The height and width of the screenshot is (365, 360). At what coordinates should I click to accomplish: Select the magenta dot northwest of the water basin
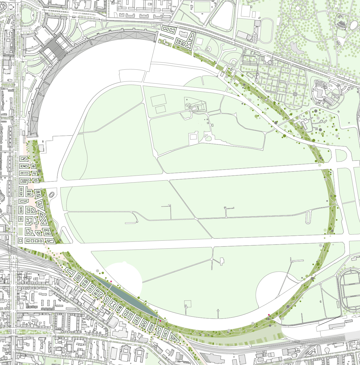pyautogui.click(x=111, y=281)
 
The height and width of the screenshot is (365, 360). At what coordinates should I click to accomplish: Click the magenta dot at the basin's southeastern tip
pyautogui.click(x=160, y=321)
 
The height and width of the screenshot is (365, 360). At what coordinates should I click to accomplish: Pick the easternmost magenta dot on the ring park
pyautogui.click(x=269, y=315)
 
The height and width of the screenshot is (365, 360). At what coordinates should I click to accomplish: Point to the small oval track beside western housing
pyautogui.click(x=52, y=195)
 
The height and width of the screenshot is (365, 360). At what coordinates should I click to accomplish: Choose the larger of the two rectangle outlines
pyautogui.click(x=159, y=100)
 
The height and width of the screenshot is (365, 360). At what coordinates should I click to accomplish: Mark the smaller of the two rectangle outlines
pyautogui.click(x=160, y=109)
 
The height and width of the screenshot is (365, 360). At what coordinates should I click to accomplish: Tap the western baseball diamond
pyautogui.click(x=209, y=49)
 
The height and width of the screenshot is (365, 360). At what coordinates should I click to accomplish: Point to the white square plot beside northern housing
pyautogui.click(x=199, y=42)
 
